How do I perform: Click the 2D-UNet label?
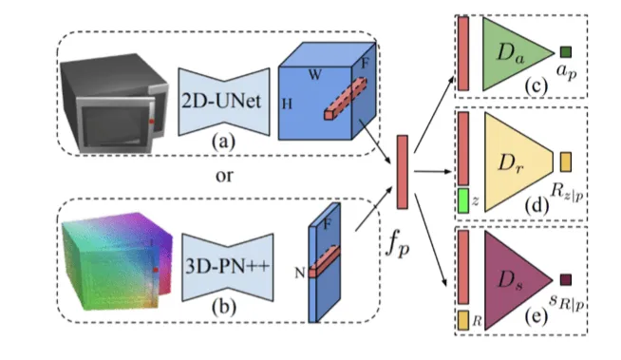point(221,102)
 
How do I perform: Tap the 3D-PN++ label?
point(227,266)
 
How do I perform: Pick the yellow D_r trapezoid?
point(518,162)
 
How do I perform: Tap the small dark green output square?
point(566,52)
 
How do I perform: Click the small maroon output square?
point(566,280)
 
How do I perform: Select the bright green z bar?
point(463,200)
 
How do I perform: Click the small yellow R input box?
point(463,320)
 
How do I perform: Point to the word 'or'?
point(224,176)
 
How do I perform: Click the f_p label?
point(398,248)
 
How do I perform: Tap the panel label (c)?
point(536,85)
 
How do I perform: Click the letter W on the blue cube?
point(315,74)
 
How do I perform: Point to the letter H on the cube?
point(287,104)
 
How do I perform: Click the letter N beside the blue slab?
point(300,273)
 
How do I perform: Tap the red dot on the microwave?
point(151,122)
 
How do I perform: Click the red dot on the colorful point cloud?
point(156,270)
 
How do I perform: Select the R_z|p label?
point(567,193)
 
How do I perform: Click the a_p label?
point(566,71)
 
